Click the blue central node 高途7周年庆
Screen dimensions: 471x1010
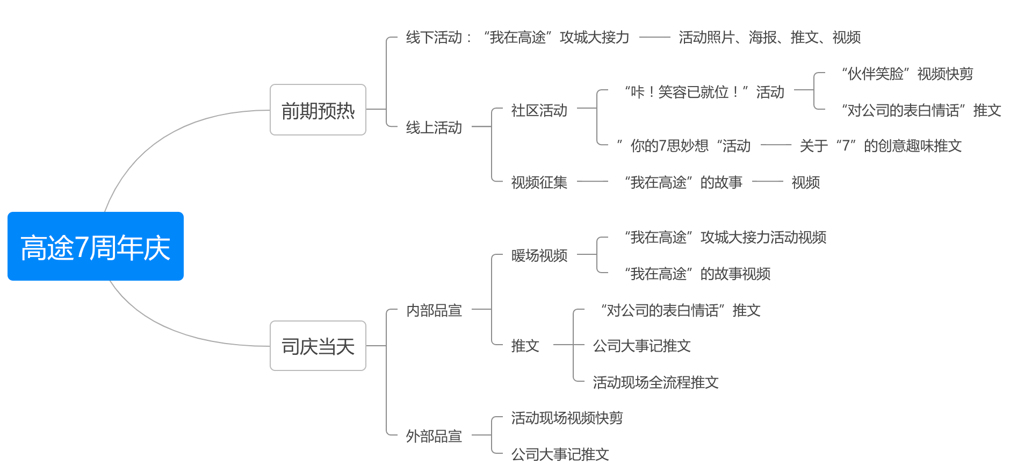pos(96,247)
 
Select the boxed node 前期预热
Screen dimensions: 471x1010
pos(318,110)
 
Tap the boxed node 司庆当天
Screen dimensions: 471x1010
pos(318,346)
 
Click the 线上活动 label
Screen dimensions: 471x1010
pos(434,127)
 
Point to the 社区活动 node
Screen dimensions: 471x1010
pos(539,110)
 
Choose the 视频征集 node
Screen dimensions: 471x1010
pos(539,182)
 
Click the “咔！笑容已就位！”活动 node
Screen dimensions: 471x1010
pos(704,92)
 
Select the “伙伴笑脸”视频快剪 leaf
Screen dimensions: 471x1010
pos(907,74)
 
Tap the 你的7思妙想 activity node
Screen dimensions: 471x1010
pos(684,146)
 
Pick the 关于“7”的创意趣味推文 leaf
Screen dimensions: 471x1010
pos(881,146)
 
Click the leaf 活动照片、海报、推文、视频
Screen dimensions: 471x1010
pos(769,37)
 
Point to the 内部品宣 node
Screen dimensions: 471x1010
pos(434,310)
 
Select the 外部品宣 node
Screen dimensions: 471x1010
pos(434,436)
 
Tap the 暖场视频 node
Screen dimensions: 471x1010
pos(539,255)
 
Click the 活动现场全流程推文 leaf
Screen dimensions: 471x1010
pos(655,382)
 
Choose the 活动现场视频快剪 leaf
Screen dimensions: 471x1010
pos(567,418)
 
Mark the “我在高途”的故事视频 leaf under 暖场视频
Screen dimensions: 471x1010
pos(698,274)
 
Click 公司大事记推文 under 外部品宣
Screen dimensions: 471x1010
pos(560,454)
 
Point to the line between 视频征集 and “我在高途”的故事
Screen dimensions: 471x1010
pos(593,182)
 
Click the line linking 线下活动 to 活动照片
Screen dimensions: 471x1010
pos(655,37)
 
